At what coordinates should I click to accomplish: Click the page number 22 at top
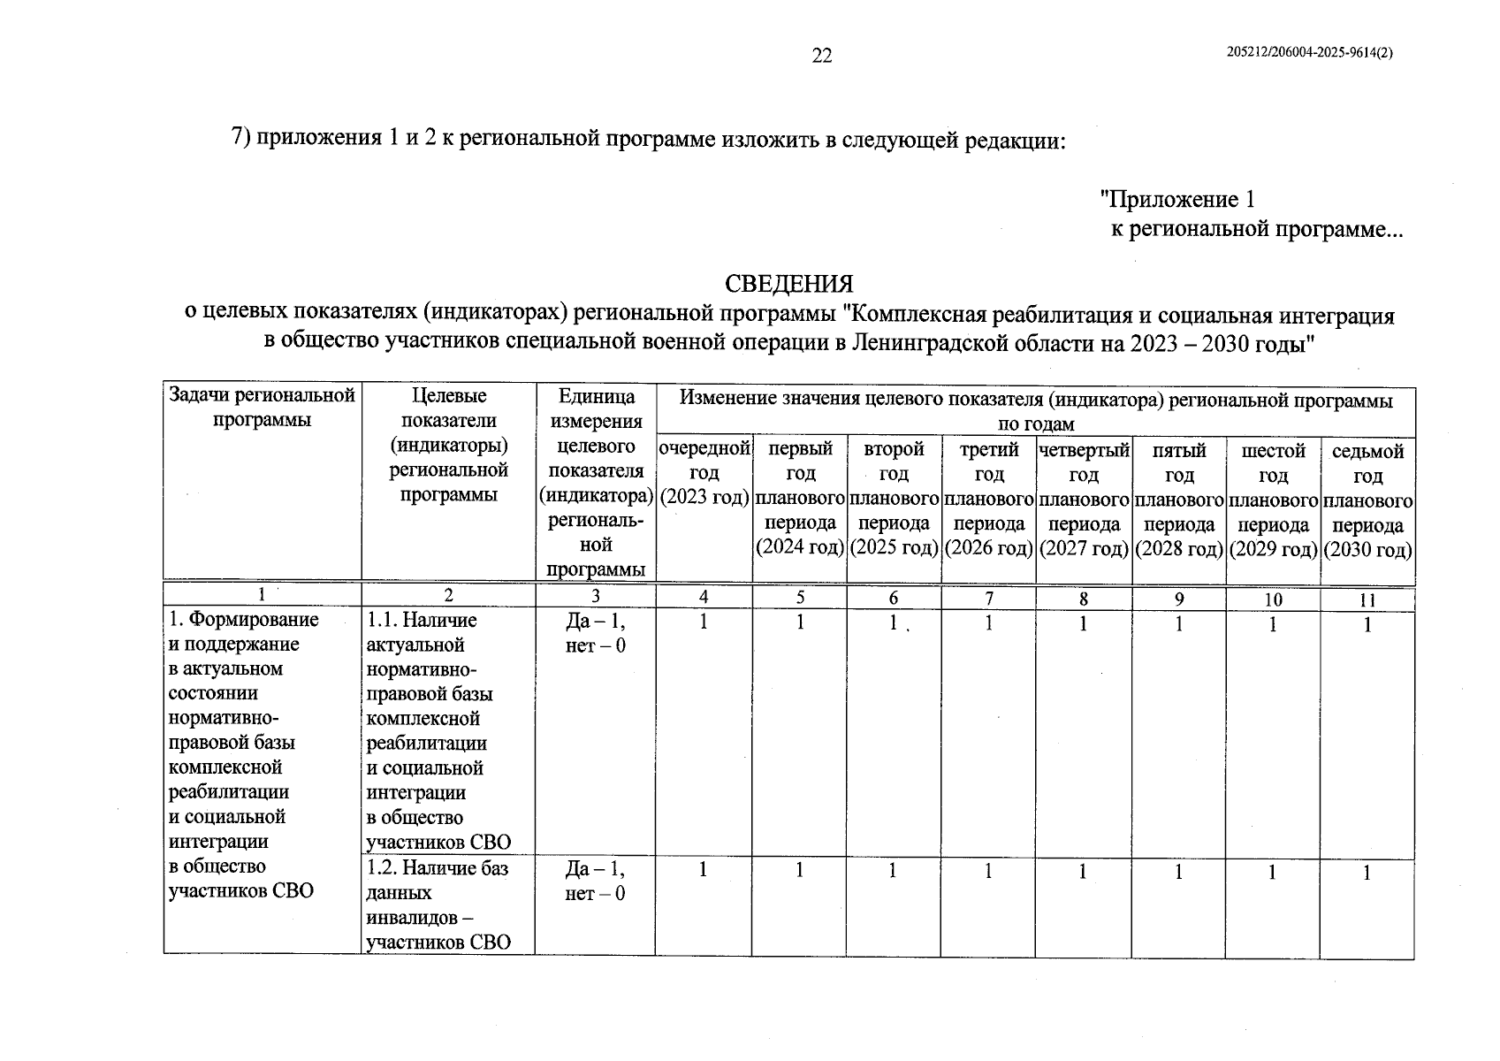821,56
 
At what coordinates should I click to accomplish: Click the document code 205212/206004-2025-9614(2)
1310,52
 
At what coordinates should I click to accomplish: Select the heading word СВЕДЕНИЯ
788,284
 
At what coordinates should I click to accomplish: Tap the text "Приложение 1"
1176,199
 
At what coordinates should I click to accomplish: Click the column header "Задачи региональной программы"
262,408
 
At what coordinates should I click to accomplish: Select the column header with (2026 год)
988,499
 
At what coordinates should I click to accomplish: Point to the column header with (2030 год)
1367,500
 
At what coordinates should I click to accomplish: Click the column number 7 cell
988,599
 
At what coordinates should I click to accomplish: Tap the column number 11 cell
1367,599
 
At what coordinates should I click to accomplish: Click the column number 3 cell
595,597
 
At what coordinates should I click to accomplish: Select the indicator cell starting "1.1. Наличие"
438,730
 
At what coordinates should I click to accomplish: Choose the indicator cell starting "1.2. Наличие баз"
438,905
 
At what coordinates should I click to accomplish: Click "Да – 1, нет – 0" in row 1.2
595,881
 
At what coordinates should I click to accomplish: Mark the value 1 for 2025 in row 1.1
893,623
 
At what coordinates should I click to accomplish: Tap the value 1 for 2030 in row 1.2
1367,874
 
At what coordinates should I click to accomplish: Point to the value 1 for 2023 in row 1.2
703,870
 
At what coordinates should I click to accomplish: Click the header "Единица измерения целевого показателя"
595,482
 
